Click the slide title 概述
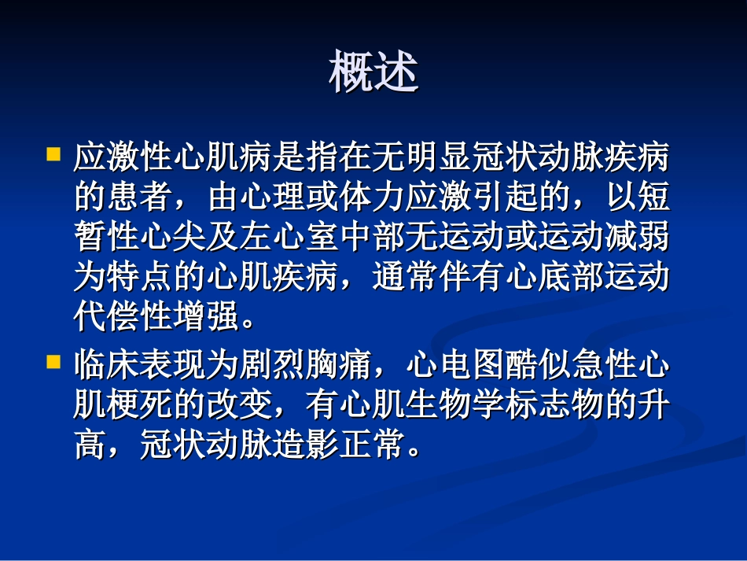(x=373, y=72)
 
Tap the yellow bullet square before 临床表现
(x=53, y=363)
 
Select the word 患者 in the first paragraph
(x=140, y=197)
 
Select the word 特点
(x=140, y=279)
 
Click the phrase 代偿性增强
(x=156, y=319)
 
